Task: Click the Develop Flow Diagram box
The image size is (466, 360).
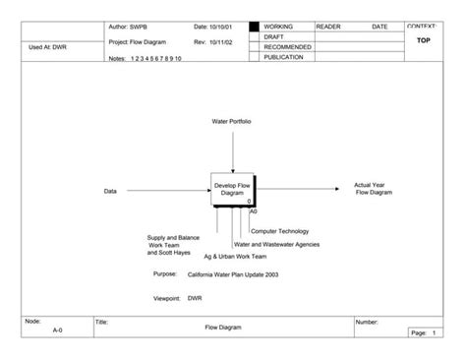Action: click(232, 189)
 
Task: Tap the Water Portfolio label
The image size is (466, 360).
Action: click(232, 121)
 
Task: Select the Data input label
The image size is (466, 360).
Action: click(110, 191)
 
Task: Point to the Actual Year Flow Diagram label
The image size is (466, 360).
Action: click(373, 188)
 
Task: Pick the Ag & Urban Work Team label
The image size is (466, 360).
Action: click(228, 256)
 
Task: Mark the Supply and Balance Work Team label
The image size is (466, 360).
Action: click(172, 244)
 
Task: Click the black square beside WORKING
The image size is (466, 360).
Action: click(254, 27)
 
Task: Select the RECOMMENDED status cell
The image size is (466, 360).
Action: click(287, 47)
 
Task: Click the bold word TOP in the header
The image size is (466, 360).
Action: click(425, 40)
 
